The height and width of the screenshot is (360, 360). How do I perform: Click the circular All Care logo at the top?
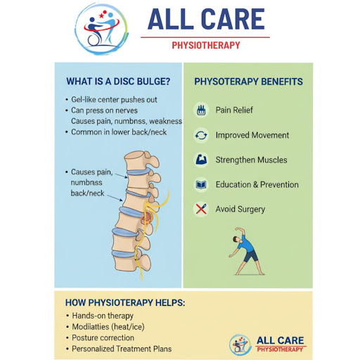[x=102, y=29]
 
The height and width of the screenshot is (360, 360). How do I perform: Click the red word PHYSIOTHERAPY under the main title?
[x=206, y=45]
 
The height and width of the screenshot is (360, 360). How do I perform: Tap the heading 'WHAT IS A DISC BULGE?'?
[x=118, y=82]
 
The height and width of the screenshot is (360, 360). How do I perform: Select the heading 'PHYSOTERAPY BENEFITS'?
[x=248, y=82]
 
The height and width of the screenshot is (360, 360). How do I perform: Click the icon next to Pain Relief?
[x=201, y=110]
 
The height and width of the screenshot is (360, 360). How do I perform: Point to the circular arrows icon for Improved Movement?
[x=201, y=135]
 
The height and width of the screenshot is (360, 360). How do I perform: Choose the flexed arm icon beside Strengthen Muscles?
[x=201, y=160]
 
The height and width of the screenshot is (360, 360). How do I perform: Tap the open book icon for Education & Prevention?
[x=201, y=184]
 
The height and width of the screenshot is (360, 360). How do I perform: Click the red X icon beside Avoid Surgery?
[x=201, y=209]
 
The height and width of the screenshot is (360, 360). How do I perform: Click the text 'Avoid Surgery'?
[x=240, y=209]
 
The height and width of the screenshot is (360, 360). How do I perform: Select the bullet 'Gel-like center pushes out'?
[x=114, y=100]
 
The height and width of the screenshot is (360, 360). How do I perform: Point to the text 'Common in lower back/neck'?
[x=119, y=132]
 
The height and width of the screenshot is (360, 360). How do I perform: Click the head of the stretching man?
[x=236, y=239]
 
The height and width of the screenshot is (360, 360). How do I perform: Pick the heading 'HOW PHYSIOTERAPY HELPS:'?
[x=125, y=302]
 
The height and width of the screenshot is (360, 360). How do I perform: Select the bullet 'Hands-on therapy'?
[x=103, y=316]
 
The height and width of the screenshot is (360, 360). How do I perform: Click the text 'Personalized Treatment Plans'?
[x=122, y=349]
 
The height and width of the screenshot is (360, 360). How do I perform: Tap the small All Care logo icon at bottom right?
[x=239, y=345]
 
